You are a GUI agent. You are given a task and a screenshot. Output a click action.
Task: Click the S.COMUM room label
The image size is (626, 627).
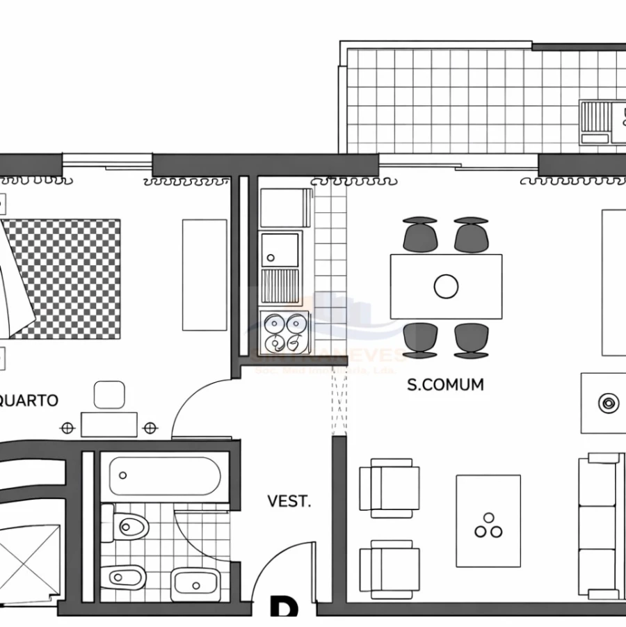[445, 384]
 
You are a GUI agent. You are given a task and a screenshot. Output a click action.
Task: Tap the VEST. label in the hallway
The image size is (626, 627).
[289, 501]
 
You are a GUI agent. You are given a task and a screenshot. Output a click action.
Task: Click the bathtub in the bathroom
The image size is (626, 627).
[164, 476]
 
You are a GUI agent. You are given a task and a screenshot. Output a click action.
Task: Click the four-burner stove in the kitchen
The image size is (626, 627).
[284, 333]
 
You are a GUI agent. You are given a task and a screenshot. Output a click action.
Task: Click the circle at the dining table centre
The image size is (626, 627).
[446, 286]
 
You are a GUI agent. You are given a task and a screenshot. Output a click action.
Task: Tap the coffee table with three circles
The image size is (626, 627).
[488, 521]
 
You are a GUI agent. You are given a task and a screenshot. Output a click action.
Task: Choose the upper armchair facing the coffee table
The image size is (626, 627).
[389, 488]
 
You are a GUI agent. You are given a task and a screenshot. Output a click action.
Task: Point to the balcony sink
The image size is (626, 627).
[595, 121]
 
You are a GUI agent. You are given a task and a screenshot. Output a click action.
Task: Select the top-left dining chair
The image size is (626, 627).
[420, 234]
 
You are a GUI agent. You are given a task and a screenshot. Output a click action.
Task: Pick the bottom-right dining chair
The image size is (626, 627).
[472, 340]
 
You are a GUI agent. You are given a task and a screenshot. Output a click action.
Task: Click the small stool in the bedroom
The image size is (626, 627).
[109, 395]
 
